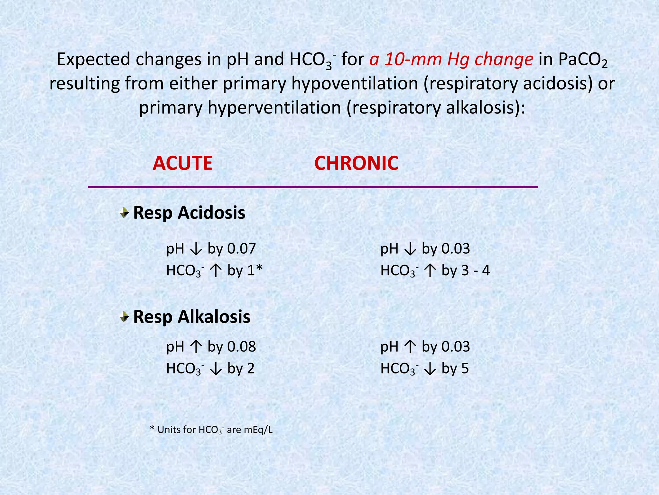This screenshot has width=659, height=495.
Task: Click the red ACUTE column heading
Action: click(x=182, y=163)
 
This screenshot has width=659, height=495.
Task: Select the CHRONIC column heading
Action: click(x=356, y=163)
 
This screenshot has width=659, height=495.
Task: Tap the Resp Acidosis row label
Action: click(x=189, y=213)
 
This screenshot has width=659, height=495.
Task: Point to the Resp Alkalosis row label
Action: click(x=191, y=316)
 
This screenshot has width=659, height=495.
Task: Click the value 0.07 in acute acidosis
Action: click(x=241, y=249)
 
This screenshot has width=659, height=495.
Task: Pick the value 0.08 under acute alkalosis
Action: click(x=241, y=347)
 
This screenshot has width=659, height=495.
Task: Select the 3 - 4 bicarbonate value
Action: click(x=476, y=270)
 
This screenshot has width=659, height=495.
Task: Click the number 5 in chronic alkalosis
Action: click(x=465, y=368)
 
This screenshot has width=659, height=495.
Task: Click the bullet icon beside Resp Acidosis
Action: click(x=124, y=213)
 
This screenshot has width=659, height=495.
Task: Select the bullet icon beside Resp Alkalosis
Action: click(x=124, y=317)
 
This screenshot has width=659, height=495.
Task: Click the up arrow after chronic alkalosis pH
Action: click(x=410, y=347)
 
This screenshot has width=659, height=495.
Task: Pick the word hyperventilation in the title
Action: click(x=274, y=108)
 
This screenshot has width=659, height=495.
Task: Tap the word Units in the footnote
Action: click(x=168, y=430)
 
